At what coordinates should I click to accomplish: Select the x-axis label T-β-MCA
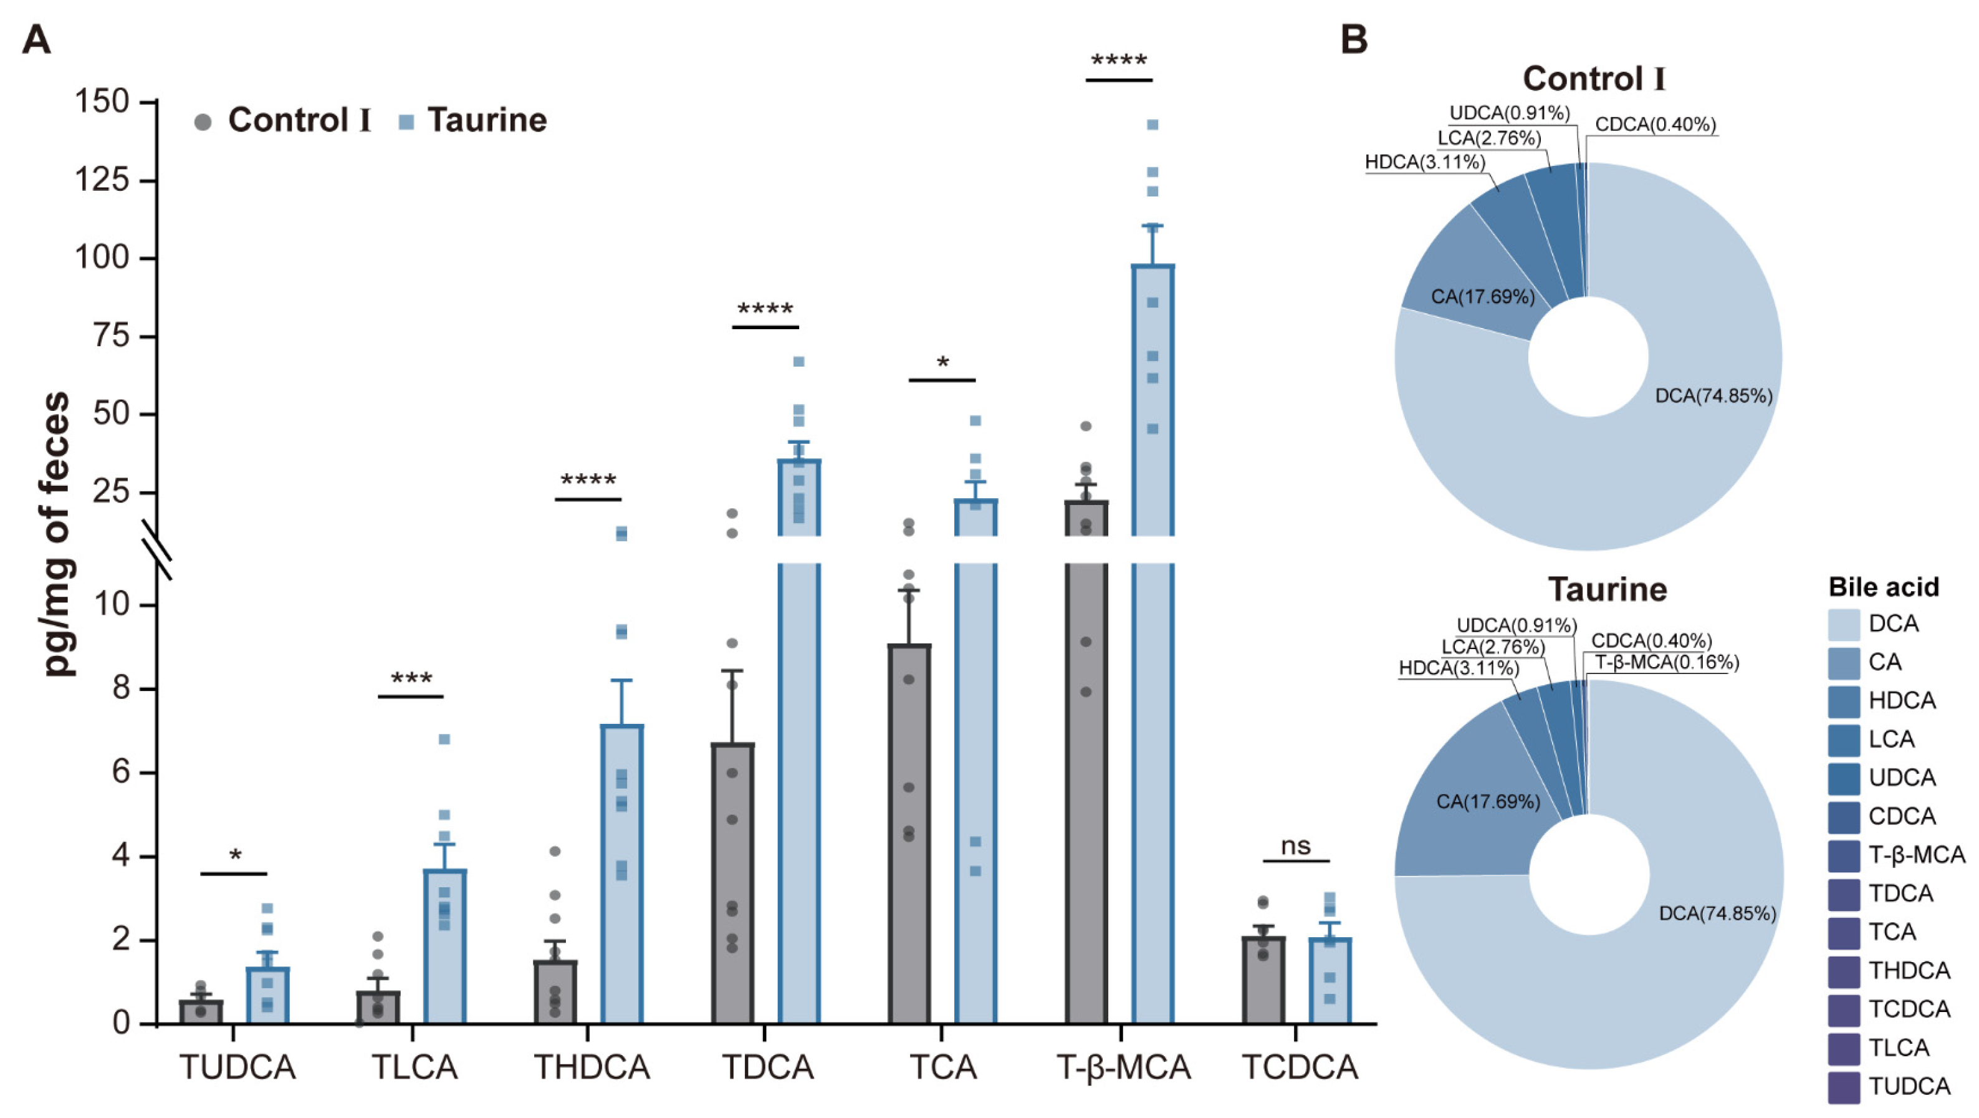1123,1067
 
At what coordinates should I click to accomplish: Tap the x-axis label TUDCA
237,1067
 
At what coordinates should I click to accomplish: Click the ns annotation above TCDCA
1295,846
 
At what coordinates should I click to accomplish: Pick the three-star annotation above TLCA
411,679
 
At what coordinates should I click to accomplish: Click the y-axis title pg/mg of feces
57,534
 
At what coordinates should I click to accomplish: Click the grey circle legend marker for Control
203,122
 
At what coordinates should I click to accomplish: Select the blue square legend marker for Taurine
406,122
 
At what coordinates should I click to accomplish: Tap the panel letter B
1354,39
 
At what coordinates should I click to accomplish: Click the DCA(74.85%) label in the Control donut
1713,396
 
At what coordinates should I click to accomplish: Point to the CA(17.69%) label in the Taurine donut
1487,801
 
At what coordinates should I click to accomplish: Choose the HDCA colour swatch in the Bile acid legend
1844,701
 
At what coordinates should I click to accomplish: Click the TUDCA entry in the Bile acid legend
1909,1086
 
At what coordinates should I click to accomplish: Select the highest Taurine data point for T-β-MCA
1152,125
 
